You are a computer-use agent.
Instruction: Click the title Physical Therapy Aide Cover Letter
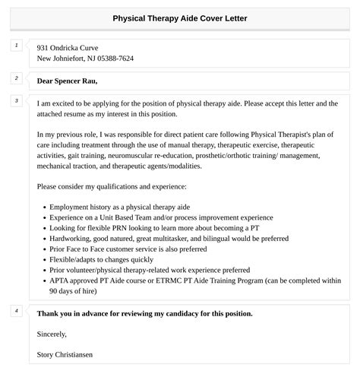pos(179,17)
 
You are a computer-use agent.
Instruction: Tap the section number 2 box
pos(16,78)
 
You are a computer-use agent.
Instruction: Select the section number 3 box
pos(16,101)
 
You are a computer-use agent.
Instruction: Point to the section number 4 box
pos(16,311)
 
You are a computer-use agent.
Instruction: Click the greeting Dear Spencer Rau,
pos(67,80)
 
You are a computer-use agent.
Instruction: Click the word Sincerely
pos(52,333)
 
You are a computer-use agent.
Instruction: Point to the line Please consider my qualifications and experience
pos(110,186)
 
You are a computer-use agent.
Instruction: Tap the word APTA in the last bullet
pos(60,280)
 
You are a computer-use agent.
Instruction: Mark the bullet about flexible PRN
pos(144,227)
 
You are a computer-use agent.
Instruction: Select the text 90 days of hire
pos(73,290)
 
